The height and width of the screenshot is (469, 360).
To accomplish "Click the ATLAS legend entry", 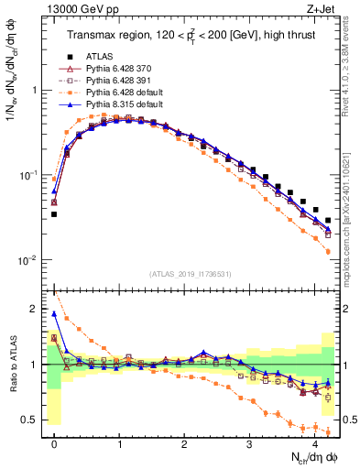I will (99, 57).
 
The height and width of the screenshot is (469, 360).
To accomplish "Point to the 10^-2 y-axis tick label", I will (27, 260).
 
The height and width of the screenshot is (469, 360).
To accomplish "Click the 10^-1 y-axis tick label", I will (27, 176).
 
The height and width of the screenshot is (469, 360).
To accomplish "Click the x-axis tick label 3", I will (249, 443).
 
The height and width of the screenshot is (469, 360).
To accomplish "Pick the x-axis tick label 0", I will (54, 443).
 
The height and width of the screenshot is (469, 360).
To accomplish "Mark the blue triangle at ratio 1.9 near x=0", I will (54, 314).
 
